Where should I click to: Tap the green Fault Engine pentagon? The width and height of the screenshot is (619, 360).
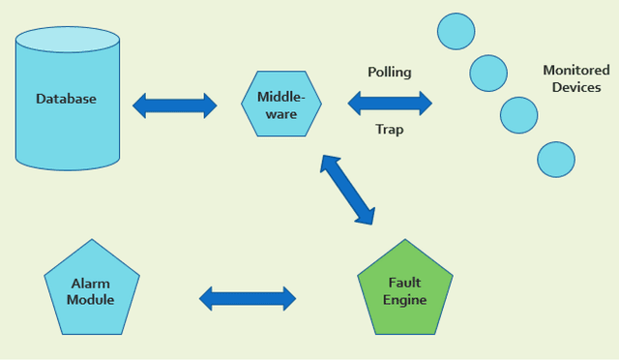coord(404,289)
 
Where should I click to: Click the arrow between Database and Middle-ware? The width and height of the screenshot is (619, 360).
coord(175,105)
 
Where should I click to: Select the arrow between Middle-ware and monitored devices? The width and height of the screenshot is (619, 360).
coord(390,101)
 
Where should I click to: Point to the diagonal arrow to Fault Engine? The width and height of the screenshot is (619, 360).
coord(347,189)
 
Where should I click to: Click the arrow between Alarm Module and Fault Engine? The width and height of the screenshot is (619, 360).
coord(248,298)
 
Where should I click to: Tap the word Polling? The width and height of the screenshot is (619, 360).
coord(389,73)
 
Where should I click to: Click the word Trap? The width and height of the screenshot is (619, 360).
coord(389,130)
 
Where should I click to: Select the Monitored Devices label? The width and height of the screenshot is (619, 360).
coord(576,78)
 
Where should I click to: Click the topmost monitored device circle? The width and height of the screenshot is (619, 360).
coord(456,31)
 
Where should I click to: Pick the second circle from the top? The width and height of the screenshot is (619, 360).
coord(488,73)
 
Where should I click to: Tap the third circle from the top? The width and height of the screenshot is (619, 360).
coord(518,115)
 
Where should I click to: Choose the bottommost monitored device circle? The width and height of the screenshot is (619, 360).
coord(555,159)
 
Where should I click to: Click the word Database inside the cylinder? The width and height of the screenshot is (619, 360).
coord(66,99)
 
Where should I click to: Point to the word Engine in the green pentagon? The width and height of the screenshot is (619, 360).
coord(404,300)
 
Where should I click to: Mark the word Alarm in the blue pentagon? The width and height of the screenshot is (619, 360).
coord(90,284)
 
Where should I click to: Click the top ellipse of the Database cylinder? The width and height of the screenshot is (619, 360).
coord(67,41)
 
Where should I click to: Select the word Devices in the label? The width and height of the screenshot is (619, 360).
coord(576,87)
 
